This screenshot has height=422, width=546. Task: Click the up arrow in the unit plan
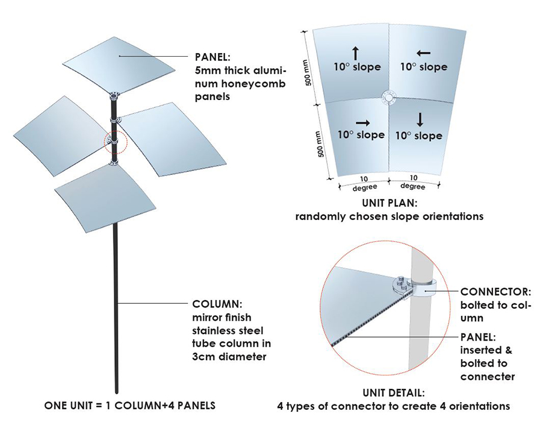coord(356,54)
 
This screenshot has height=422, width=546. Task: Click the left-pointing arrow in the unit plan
coord(423,54)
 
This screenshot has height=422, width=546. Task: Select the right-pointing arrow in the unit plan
coord(363,123)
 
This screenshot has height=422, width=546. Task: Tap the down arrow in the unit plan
coord(420,119)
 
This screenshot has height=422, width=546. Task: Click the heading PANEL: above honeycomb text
coord(213,57)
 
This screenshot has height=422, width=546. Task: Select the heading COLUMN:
coord(217,304)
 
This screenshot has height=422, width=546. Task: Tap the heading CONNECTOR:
coord(496,292)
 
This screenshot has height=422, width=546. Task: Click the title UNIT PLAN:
coord(389,203)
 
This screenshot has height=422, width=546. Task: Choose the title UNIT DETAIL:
coord(394,393)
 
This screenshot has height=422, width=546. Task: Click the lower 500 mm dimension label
coord(320,145)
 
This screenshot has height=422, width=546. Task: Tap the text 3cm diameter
coord(229,357)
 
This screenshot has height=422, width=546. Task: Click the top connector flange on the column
coord(114,96)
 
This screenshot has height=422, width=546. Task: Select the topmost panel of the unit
coord(119,66)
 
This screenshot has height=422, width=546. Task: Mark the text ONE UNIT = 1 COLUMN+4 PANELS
coord(130,406)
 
